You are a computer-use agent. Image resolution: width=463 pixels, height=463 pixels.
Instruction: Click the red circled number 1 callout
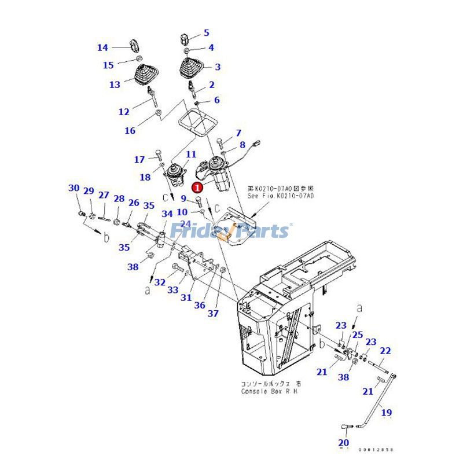pyautogui.click(x=197, y=187)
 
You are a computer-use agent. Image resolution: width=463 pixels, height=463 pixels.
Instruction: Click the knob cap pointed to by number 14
pyautogui.click(x=133, y=44)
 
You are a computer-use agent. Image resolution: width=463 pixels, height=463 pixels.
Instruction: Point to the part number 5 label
pyautogui.click(x=206, y=33)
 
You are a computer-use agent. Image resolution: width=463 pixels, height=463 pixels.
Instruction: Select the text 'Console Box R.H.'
pyautogui.click(x=270, y=391)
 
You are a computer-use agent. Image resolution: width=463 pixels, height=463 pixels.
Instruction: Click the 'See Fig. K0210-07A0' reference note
pyautogui.click(x=280, y=196)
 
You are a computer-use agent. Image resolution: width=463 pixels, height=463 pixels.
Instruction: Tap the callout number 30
pyautogui.click(x=74, y=188)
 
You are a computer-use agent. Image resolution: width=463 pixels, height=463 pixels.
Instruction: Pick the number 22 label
pyautogui.click(x=385, y=350)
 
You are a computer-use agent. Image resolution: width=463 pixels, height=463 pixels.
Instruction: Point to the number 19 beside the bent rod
pyautogui.click(x=387, y=413)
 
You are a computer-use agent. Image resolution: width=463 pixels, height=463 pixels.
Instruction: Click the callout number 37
pyautogui.click(x=214, y=313)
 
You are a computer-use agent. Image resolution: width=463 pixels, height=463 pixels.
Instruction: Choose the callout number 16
pyautogui.click(x=130, y=131)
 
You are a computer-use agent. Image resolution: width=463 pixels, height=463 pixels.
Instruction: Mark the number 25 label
pyautogui.click(x=358, y=335)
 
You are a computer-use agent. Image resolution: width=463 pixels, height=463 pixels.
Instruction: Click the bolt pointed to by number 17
pyautogui.click(x=158, y=155)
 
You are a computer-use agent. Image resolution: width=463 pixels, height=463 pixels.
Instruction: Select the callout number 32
pyautogui.click(x=160, y=282)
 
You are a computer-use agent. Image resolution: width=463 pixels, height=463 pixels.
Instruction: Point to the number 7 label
pyautogui.click(x=238, y=133)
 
